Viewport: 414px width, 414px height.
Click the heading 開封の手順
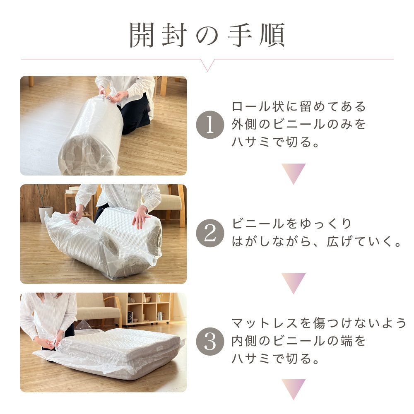pyautogui.click(x=207, y=35)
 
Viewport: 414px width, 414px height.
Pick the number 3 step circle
pyautogui.click(x=210, y=342)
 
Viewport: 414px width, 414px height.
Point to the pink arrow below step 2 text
pyautogui.click(x=294, y=282)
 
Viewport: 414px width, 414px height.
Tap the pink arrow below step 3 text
pyautogui.click(x=294, y=388)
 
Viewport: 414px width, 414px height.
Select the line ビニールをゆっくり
pyautogui.click(x=292, y=224)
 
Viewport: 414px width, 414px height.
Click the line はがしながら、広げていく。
pyautogui.click(x=317, y=242)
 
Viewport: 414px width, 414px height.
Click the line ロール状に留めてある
pyautogui.click(x=299, y=106)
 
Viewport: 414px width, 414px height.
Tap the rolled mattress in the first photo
pyautogui.click(x=91, y=137)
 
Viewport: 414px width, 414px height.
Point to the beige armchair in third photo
pyautogui.click(x=97, y=308)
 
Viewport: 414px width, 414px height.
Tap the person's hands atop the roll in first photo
pyautogui.click(x=112, y=96)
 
